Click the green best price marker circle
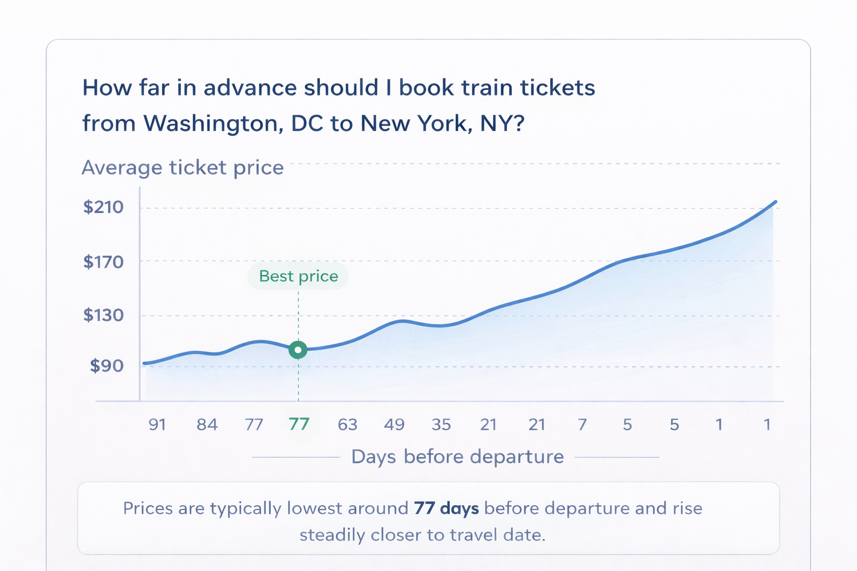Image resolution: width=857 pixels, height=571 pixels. tap(298, 350)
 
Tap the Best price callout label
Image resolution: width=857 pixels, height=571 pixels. tap(298, 276)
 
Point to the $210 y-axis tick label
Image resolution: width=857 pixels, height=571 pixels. tap(103, 207)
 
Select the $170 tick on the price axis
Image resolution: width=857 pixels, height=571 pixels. tap(103, 262)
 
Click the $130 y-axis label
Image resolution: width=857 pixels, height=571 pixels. tap(103, 315)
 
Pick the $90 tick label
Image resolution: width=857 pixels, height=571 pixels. tap(107, 366)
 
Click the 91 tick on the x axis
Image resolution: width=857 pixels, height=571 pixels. tap(157, 424)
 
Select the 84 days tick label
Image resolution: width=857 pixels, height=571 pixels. tap(207, 424)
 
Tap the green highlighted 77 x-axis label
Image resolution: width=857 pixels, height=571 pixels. tap(299, 424)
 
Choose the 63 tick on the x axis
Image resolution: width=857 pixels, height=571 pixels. tap(348, 424)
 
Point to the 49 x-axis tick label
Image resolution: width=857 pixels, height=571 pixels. tap(394, 424)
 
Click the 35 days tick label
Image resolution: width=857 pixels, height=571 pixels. tap(441, 424)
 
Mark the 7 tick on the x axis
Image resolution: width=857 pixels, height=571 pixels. tap(582, 424)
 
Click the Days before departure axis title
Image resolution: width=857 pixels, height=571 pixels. tap(458, 457)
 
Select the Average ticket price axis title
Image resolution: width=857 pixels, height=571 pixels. tap(183, 167)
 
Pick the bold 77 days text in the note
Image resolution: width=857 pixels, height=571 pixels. tap(446, 509)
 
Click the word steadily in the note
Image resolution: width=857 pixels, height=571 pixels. tap(332, 535)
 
